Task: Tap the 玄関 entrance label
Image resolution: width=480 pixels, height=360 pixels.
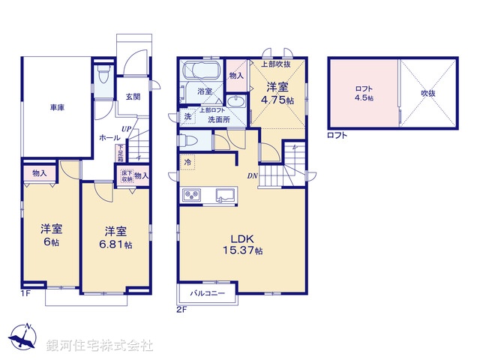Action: click(133, 96)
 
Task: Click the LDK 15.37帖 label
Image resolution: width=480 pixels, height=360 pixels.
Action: click(241, 244)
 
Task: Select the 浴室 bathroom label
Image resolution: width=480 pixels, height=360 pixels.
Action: click(205, 91)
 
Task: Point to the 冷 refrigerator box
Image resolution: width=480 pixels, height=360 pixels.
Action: click(186, 161)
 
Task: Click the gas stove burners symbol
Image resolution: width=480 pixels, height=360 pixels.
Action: click(190, 195)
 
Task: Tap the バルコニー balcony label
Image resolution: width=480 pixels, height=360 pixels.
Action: click(207, 292)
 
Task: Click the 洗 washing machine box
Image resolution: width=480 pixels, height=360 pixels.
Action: click(187, 116)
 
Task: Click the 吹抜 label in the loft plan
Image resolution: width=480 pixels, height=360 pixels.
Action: click(427, 93)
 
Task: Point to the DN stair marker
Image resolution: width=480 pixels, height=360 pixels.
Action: click(254, 176)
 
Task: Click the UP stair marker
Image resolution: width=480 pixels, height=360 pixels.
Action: click(127, 130)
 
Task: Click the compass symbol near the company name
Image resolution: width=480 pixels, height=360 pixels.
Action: click(22, 340)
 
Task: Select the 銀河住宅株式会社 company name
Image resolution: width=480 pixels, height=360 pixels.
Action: click(100, 346)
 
